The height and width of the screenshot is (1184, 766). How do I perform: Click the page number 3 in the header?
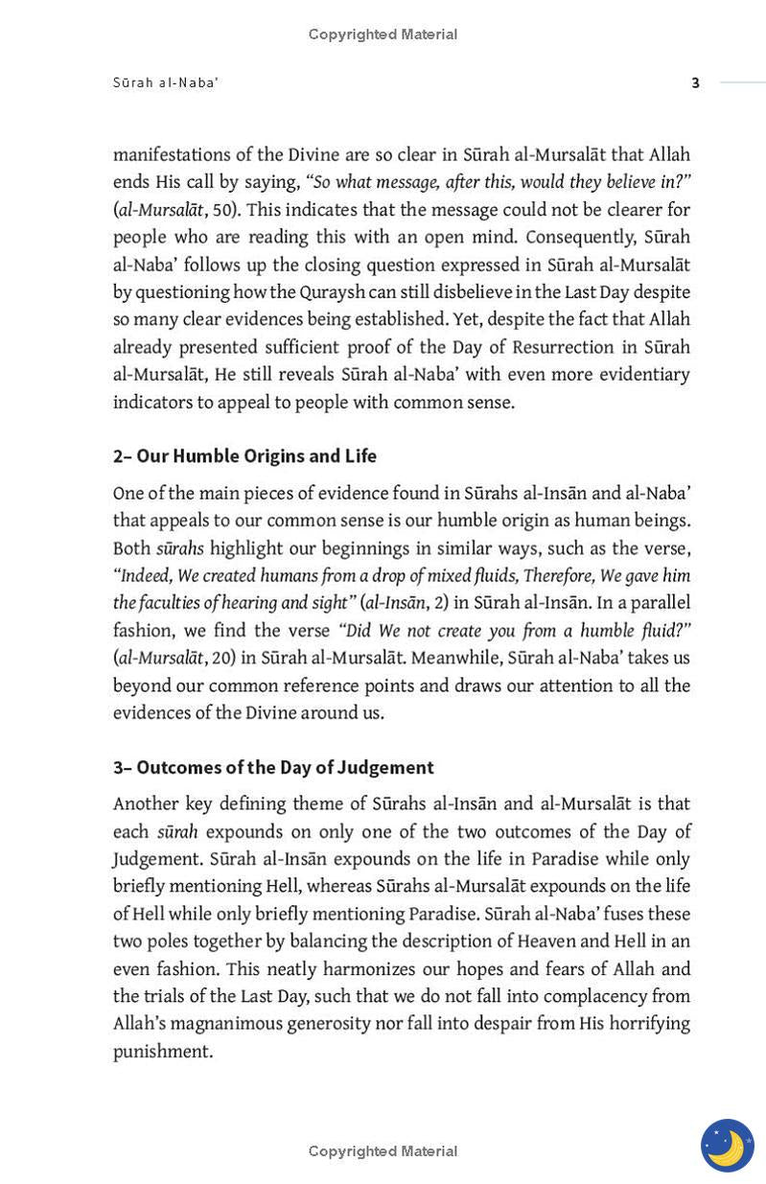tap(695, 83)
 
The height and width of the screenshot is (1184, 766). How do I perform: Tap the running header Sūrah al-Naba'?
tap(166, 83)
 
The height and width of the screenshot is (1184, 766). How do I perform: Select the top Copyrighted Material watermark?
tap(383, 35)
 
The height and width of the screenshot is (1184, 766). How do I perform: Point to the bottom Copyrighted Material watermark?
tap(383, 1150)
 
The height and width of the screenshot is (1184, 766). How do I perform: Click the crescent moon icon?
tap(727, 1145)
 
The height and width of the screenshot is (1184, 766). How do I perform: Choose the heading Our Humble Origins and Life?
tap(256, 456)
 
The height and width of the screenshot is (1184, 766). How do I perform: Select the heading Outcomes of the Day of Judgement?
tap(285, 768)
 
